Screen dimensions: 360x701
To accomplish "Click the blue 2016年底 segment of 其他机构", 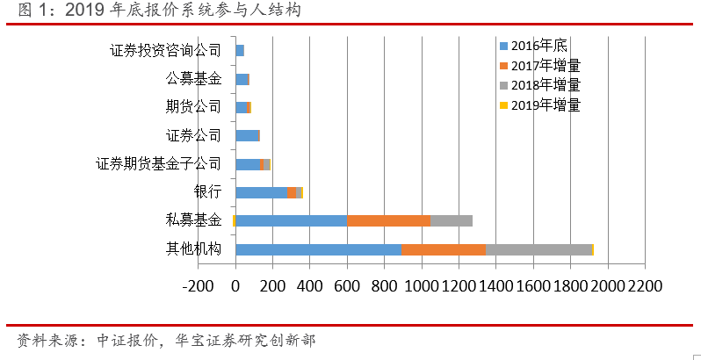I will point(318,249).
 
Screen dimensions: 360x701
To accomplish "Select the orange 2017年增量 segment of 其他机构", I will point(444,249).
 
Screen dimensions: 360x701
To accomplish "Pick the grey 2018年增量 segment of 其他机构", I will point(538,249).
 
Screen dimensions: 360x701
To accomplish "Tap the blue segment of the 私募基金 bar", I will point(292,220).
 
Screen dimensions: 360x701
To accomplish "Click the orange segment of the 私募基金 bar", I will point(388,220).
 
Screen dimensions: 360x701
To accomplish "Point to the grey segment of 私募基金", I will point(452,220).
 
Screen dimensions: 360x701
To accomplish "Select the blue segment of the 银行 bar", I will point(261,192).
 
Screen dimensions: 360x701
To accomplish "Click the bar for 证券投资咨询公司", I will point(240,51).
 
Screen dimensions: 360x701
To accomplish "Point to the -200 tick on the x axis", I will point(199,285).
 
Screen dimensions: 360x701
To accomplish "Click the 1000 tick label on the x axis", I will point(421,285).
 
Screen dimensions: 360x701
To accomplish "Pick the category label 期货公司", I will point(193,107).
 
